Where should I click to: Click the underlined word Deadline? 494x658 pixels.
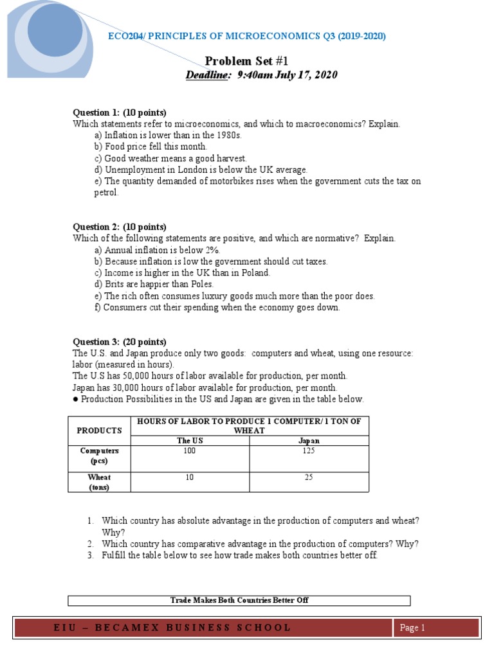[x=207, y=75]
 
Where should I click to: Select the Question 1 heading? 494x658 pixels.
[x=120, y=112]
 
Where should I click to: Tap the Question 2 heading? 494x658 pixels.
[x=120, y=227]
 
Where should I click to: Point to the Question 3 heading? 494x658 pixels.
[x=120, y=342]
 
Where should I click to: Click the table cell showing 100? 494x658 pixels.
[x=189, y=451]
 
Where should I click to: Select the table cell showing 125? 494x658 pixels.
[x=309, y=451]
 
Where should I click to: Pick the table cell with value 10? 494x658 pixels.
[x=189, y=477]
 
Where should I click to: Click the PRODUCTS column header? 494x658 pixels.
[x=99, y=431]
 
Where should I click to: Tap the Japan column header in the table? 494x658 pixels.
[x=309, y=441]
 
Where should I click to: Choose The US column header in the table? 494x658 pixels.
[x=189, y=441]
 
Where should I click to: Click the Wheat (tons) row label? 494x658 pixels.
[x=99, y=482]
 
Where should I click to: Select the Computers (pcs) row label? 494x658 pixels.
[x=99, y=456]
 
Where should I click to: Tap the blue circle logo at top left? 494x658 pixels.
[x=55, y=29]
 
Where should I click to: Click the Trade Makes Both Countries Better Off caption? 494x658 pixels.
[x=239, y=600]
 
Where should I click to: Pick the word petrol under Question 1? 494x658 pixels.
[x=106, y=193]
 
